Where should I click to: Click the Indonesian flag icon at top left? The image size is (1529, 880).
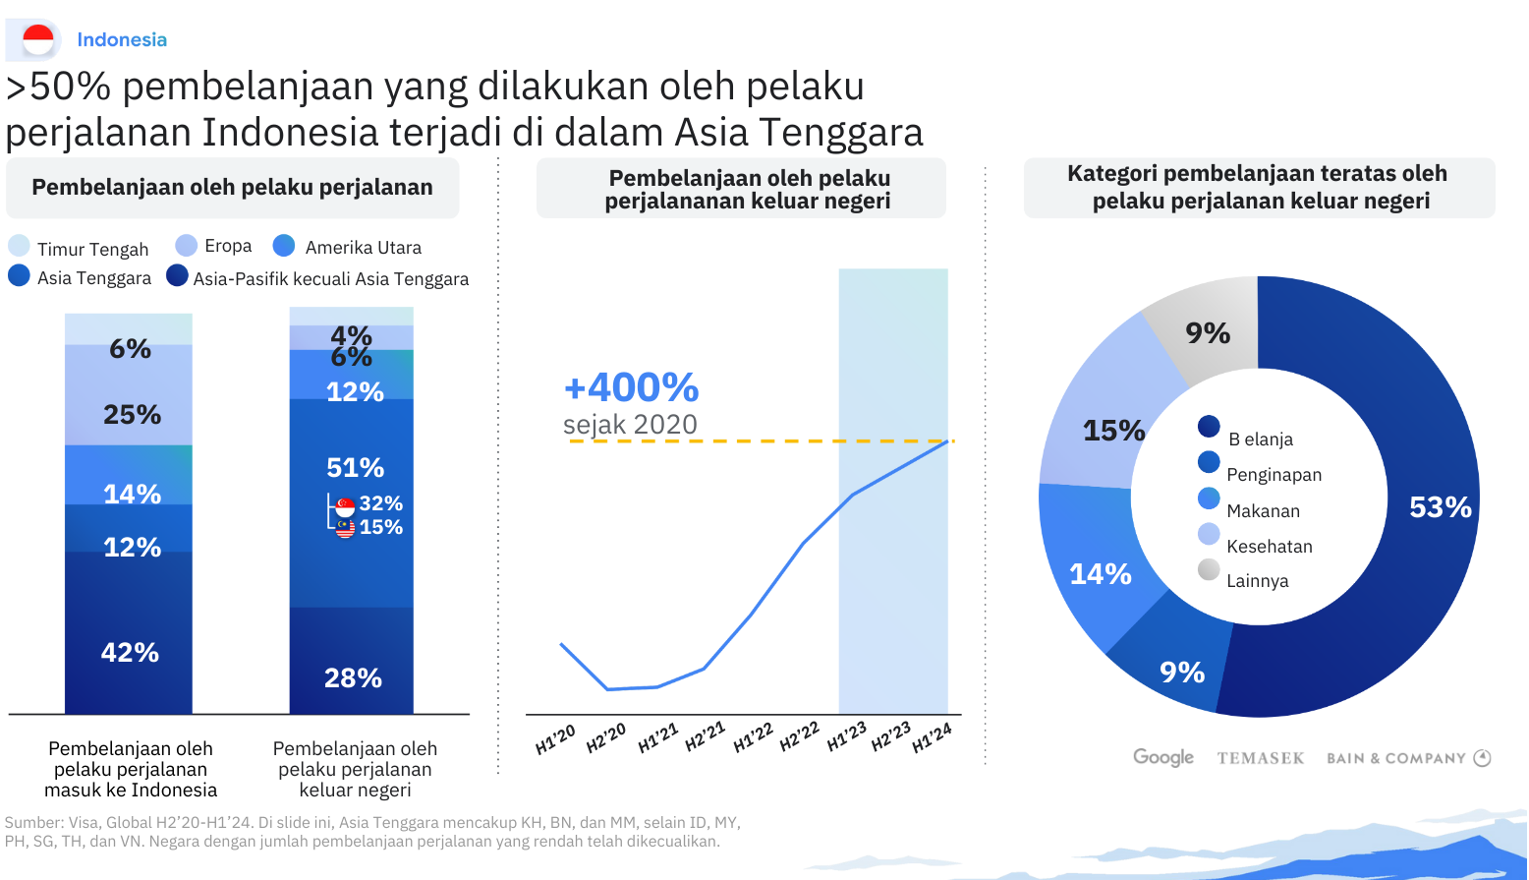coord(38,39)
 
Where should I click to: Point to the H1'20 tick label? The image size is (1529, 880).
coord(555,740)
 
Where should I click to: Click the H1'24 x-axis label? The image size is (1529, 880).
coord(932,737)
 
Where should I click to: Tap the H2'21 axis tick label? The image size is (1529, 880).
coord(705,736)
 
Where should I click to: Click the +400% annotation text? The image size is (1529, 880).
coord(631,387)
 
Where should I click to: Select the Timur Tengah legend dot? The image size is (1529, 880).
coord(19,246)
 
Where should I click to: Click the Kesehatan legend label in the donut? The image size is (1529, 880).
coord(1269,547)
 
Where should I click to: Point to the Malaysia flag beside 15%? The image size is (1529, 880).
coord(345,528)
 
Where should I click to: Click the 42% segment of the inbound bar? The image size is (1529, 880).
coord(129,652)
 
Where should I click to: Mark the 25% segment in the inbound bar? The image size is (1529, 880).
coord(129,414)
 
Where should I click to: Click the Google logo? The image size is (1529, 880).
coord(1162,757)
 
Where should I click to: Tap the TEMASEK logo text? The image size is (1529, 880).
coord(1260,758)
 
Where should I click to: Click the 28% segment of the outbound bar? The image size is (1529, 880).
coord(352,677)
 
